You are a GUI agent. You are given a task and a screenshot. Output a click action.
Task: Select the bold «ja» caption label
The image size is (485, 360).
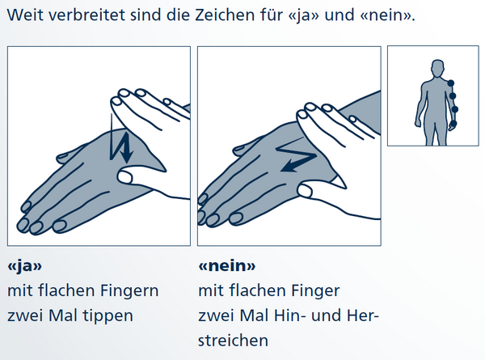[x=24, y=266]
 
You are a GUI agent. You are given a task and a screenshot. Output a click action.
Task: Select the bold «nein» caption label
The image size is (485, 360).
[x=227, y=265]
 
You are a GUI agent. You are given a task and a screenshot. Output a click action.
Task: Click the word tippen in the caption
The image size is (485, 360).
[x=108, y=316]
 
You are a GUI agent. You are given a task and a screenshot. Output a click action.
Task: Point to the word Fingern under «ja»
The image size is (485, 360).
[x=125, y=291]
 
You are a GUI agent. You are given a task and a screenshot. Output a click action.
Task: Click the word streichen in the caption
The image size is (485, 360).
[x=233, y=341]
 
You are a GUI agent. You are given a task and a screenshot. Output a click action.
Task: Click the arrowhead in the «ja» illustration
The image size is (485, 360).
[x=126, y=156]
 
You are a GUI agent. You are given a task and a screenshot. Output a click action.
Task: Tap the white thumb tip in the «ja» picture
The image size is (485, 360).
[x=124, y=177]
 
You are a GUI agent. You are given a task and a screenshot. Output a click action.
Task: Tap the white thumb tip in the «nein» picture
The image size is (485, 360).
[x=306, y=190]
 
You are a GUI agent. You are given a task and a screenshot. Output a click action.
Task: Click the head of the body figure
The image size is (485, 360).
[x=437, y=68]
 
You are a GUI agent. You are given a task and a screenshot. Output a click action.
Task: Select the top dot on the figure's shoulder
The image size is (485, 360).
[x=451, y=83]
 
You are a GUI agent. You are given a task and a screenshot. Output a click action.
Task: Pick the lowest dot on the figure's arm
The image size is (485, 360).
[x=453, y=124]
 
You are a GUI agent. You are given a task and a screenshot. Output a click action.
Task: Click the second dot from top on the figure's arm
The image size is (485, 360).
[x=452, y=96]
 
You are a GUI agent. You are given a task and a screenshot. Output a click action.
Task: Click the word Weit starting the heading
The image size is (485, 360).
[x=26, y=15]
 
